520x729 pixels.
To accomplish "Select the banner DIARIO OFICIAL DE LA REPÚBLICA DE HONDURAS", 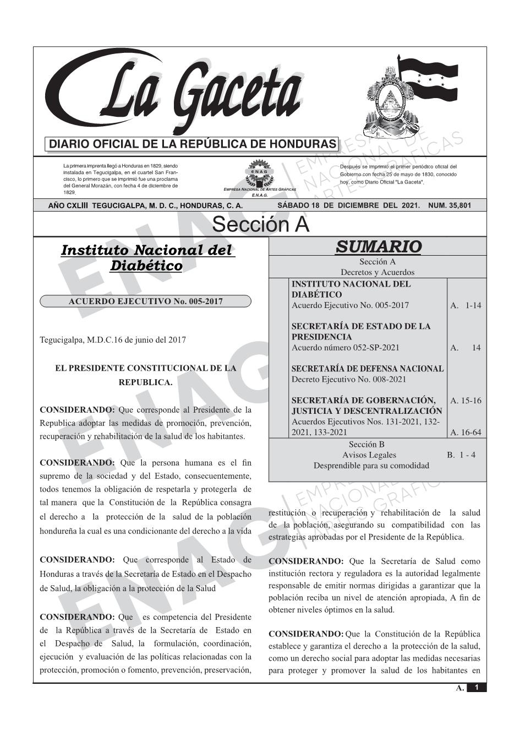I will click(191, 144).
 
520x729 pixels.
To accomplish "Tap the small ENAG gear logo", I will click(259, 172).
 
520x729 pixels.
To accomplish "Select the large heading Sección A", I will click(260, 225).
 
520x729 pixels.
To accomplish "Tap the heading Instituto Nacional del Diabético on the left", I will click(147, 257).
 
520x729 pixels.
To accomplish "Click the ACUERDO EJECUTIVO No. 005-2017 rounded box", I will click(145, 301).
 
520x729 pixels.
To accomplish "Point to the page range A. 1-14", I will click(465, 305).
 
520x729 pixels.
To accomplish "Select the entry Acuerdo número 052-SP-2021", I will click(345, 348).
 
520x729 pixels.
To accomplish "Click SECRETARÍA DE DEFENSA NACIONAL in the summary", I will click(367, 369).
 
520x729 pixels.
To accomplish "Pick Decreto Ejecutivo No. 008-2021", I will click(348, 379).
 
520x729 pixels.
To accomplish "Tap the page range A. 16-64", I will click(465, 433).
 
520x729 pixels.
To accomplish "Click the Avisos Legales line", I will click(369, 455).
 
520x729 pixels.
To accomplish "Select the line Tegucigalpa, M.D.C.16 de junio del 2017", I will click(113, 339).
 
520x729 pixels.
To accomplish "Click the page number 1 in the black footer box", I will click(477, 687).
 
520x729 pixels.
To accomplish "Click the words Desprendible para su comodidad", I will click(371, 466).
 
